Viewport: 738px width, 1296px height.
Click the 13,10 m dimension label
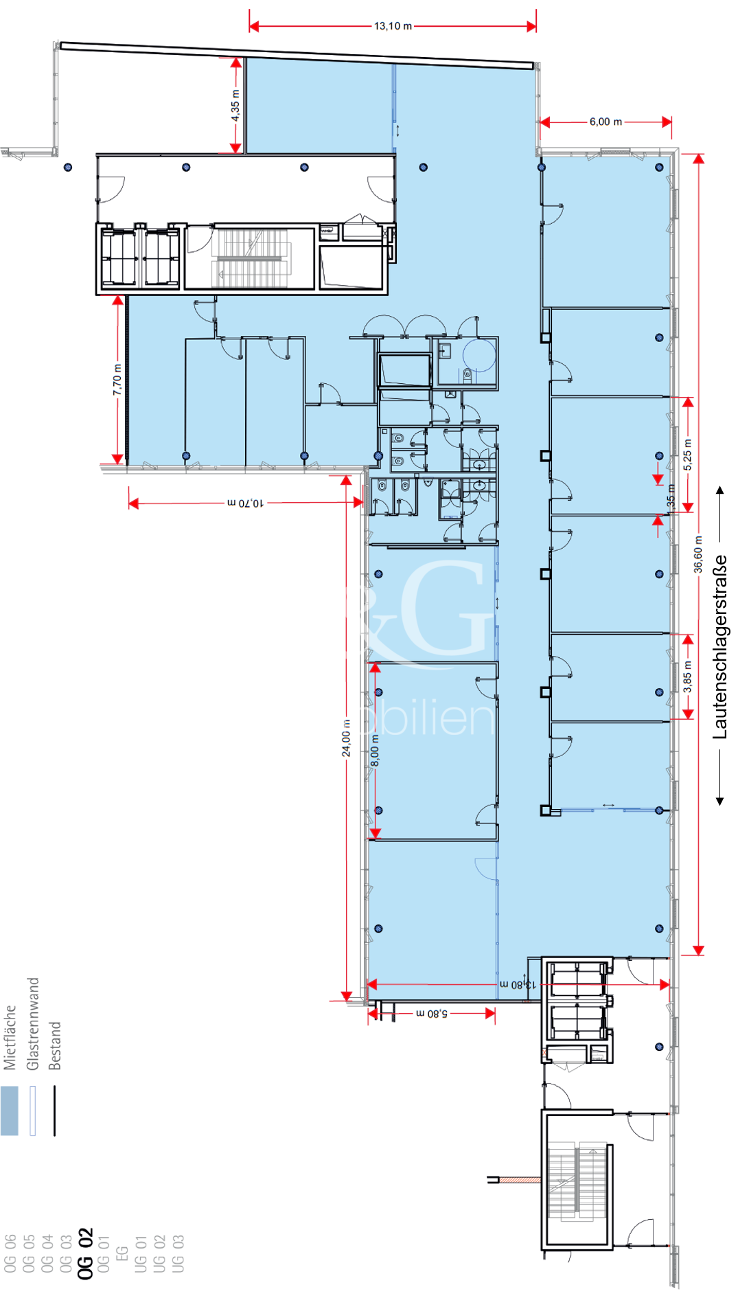pyautogui.click(x=393, y=26)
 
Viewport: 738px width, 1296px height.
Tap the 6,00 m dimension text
pyautogui.click(x=606, y=122)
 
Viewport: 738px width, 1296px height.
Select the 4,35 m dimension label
pyautogui.click(x=235, y=106)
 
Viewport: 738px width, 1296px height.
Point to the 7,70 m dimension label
pyautogui.click(x=117, y=380)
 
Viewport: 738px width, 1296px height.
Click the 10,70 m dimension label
pyautogui.click(x=245, y=503)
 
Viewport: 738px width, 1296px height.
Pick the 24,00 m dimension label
pyautogui.click(x=346, y=738)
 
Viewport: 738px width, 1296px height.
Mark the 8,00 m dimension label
pyautogui.click(x=375, y=751)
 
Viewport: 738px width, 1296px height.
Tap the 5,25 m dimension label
pyautogui.click(x=688, y=455)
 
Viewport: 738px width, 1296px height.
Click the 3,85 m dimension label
pyautogui.click(x=688, y=677)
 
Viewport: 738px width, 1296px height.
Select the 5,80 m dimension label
pyautogui.click(x=432, y=1013)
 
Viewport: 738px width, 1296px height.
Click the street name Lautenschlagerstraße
pyautogui.click(x=719, y=647)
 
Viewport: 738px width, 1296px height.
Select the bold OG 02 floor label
pyautogui.click(x=85, y=1253)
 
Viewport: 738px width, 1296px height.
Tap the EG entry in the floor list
pyautogui.click(x=122, y=1253)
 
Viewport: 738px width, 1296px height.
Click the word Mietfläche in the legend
pyautogui.click(x=10, y=1037)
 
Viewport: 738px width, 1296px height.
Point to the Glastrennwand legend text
pyautogui.click(x=32, y=1023)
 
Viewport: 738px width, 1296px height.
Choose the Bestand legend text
pyautogui.click(x=55, y=1045)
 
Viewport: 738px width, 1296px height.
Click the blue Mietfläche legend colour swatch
pyautogui.click(x=10, y=1111)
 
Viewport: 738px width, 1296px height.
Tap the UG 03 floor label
pyautogui.click(x=178, y=1253)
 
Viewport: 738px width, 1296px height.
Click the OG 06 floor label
pyautogui.click(x=10, y=1253)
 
